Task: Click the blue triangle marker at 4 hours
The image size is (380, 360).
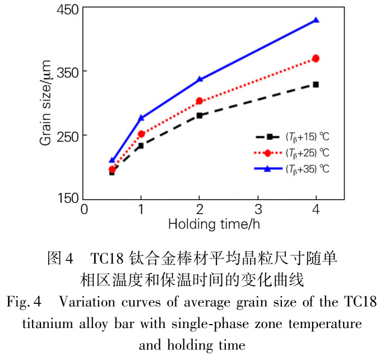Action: pos(316,20)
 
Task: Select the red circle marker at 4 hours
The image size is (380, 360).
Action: pos(316,58)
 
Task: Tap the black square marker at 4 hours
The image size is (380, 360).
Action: pos(316,84)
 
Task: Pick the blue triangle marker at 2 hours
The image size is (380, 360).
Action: pos(200,80)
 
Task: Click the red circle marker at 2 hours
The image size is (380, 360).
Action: pos(200,101)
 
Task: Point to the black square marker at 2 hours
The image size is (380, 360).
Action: pos(200,116)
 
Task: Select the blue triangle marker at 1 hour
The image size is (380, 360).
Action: pos(141,118)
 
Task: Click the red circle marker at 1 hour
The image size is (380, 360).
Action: pos(141,134)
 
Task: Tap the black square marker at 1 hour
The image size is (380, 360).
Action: pos(141,146)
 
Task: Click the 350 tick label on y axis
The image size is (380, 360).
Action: pos(68,72)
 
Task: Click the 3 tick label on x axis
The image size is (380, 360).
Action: pos(258,210)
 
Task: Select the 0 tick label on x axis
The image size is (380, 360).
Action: pos(84,210)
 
